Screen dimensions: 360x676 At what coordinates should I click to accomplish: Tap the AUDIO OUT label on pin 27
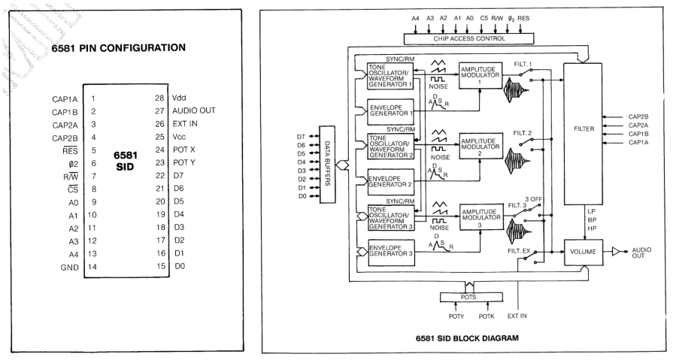[x=194, y=110]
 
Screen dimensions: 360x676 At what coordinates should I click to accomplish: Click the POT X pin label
[x=184, y=149]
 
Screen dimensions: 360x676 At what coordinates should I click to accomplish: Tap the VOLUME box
[x=583, y=253]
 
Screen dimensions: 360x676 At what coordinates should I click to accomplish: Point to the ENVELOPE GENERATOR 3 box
[x=389, y=250]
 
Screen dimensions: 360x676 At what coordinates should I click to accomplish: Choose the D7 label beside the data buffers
[x=302, y=136]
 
